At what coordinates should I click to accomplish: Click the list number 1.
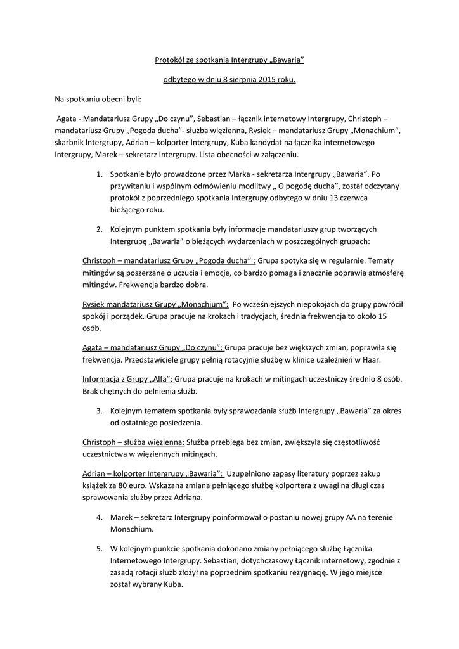click(x=99, y=173)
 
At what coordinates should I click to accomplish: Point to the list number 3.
click(x=99, y=411)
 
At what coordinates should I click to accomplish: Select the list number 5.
click(x=99, y=549)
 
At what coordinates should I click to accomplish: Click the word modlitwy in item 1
click(x=250, y=186)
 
